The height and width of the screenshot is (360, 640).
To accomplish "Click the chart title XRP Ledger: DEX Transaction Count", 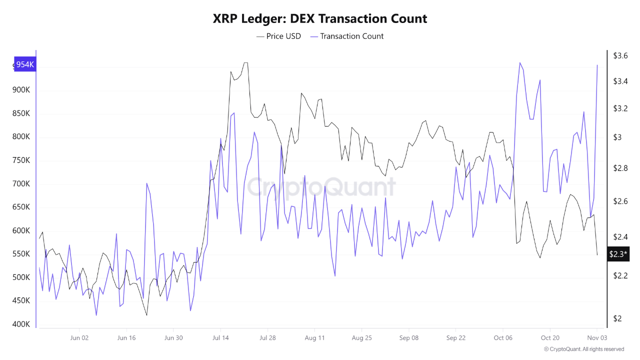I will [x=320, y=19].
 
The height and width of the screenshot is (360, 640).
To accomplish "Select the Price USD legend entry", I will [x=278, y=36].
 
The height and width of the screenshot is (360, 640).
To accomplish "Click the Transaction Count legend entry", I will [x=347, y=36].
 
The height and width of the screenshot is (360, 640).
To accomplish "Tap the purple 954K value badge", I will [x=24, y=64].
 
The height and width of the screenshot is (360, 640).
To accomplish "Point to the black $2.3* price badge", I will [x=618, y=254].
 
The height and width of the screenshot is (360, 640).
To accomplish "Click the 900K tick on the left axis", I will [x=21, y=90].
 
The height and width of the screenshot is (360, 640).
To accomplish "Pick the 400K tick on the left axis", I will [x=21, y=324].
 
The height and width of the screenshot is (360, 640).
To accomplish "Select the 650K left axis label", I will [x=21, y=207].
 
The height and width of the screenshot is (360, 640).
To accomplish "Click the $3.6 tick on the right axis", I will [x=620, y=55].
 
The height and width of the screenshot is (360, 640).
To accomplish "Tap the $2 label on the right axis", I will [x=617, y=318].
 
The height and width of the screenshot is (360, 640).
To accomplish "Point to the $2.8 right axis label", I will [x=620, y=168].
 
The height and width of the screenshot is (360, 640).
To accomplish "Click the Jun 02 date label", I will [x=79, y=337].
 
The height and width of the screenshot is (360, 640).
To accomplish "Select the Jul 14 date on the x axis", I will [x=220, y=337].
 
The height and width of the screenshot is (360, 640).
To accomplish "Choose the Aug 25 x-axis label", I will [x=361, y=337].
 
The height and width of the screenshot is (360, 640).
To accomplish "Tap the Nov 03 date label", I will [x=597, y=337].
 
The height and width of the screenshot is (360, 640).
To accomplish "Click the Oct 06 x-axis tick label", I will [x=502, y=337].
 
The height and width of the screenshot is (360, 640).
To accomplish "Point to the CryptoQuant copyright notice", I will [x=583, y=349].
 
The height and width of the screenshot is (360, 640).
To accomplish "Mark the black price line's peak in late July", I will [x=245, y=63].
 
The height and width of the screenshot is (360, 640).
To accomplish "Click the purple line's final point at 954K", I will [x=597, y=65].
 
